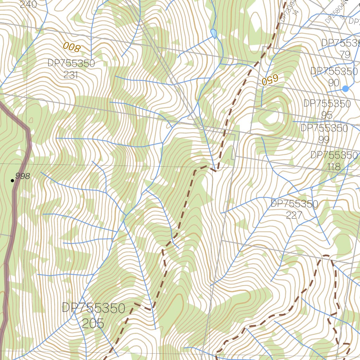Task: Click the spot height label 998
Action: [x=22, y=176]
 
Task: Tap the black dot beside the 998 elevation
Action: [x=13, y=181]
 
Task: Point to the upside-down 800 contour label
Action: [x=72, y=46]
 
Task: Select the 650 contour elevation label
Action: [x=270, y=80]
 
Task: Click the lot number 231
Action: [x=71, y=75]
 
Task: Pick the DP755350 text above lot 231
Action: [x=71, y=64]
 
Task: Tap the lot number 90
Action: [x=334, y=83]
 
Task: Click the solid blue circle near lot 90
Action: [x=345, y=89]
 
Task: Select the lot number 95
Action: [x=327, y=115]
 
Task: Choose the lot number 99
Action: [x=324, y=140]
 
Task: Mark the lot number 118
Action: [x=334, y=166]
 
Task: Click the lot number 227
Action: [x=294, y=215]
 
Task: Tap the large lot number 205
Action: [x=93, y=323]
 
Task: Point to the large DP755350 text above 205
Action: [x=94, y=308]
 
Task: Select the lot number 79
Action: [x=345, y=54]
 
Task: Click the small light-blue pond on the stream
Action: [x=213, y=34]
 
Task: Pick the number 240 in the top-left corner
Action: [x=28, y=5]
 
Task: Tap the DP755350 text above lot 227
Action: [x=294, y=204]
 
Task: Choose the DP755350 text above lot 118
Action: [x=334, y=155]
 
